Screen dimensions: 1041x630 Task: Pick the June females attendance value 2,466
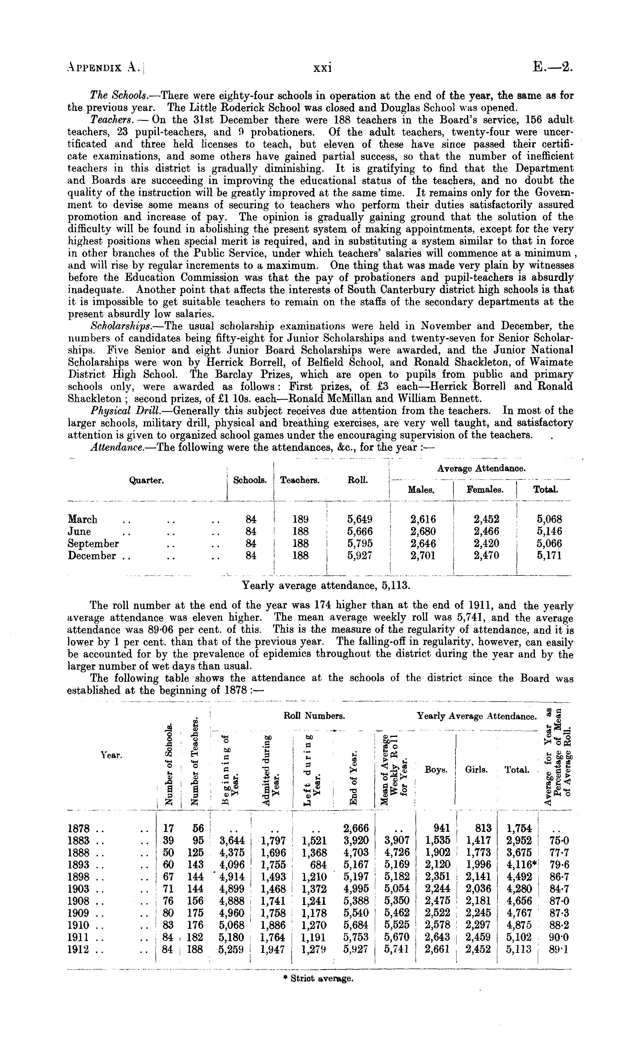pyautogui.click(x=486, y=531)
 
